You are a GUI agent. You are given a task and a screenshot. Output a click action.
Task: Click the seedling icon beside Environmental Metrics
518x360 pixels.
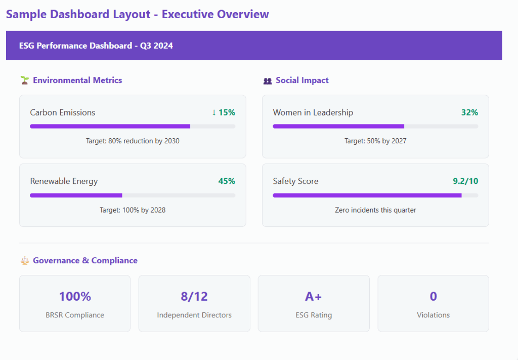24,81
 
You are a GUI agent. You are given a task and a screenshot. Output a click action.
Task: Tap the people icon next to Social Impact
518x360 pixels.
268,81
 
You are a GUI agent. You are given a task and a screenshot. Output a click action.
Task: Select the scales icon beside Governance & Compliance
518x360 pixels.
24,261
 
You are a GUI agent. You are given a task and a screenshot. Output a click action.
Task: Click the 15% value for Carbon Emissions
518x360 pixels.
224,112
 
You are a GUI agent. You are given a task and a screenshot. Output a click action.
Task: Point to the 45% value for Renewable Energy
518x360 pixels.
227,181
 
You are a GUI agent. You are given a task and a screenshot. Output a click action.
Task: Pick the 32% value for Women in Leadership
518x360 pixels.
470,112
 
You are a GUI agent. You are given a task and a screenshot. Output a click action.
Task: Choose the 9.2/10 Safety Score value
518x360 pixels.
465,181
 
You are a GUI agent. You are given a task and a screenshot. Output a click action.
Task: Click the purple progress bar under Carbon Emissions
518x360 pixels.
110,126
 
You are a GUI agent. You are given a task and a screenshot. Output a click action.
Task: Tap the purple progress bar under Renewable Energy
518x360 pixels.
76,195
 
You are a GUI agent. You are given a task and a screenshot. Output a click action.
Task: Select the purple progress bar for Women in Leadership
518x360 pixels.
338,126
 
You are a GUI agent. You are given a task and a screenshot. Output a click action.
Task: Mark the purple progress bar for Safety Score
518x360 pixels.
367,195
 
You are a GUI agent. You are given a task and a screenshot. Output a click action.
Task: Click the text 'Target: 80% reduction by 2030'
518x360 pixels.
133,141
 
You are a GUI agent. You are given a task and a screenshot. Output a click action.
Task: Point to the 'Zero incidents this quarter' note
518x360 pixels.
376,210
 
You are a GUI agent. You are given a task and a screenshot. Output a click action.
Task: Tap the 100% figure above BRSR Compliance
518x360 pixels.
75,297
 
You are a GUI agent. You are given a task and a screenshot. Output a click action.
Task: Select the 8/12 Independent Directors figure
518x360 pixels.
194,297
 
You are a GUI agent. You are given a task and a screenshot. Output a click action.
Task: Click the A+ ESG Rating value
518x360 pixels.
314,297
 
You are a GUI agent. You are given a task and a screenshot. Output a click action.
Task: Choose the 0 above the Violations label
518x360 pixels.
433,297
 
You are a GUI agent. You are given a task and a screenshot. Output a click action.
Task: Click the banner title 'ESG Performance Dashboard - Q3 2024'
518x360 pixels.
96,46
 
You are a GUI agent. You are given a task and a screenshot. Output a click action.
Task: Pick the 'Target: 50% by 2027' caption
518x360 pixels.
376,141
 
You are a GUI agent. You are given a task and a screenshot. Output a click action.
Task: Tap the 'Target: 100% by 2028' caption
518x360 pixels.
133,210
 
